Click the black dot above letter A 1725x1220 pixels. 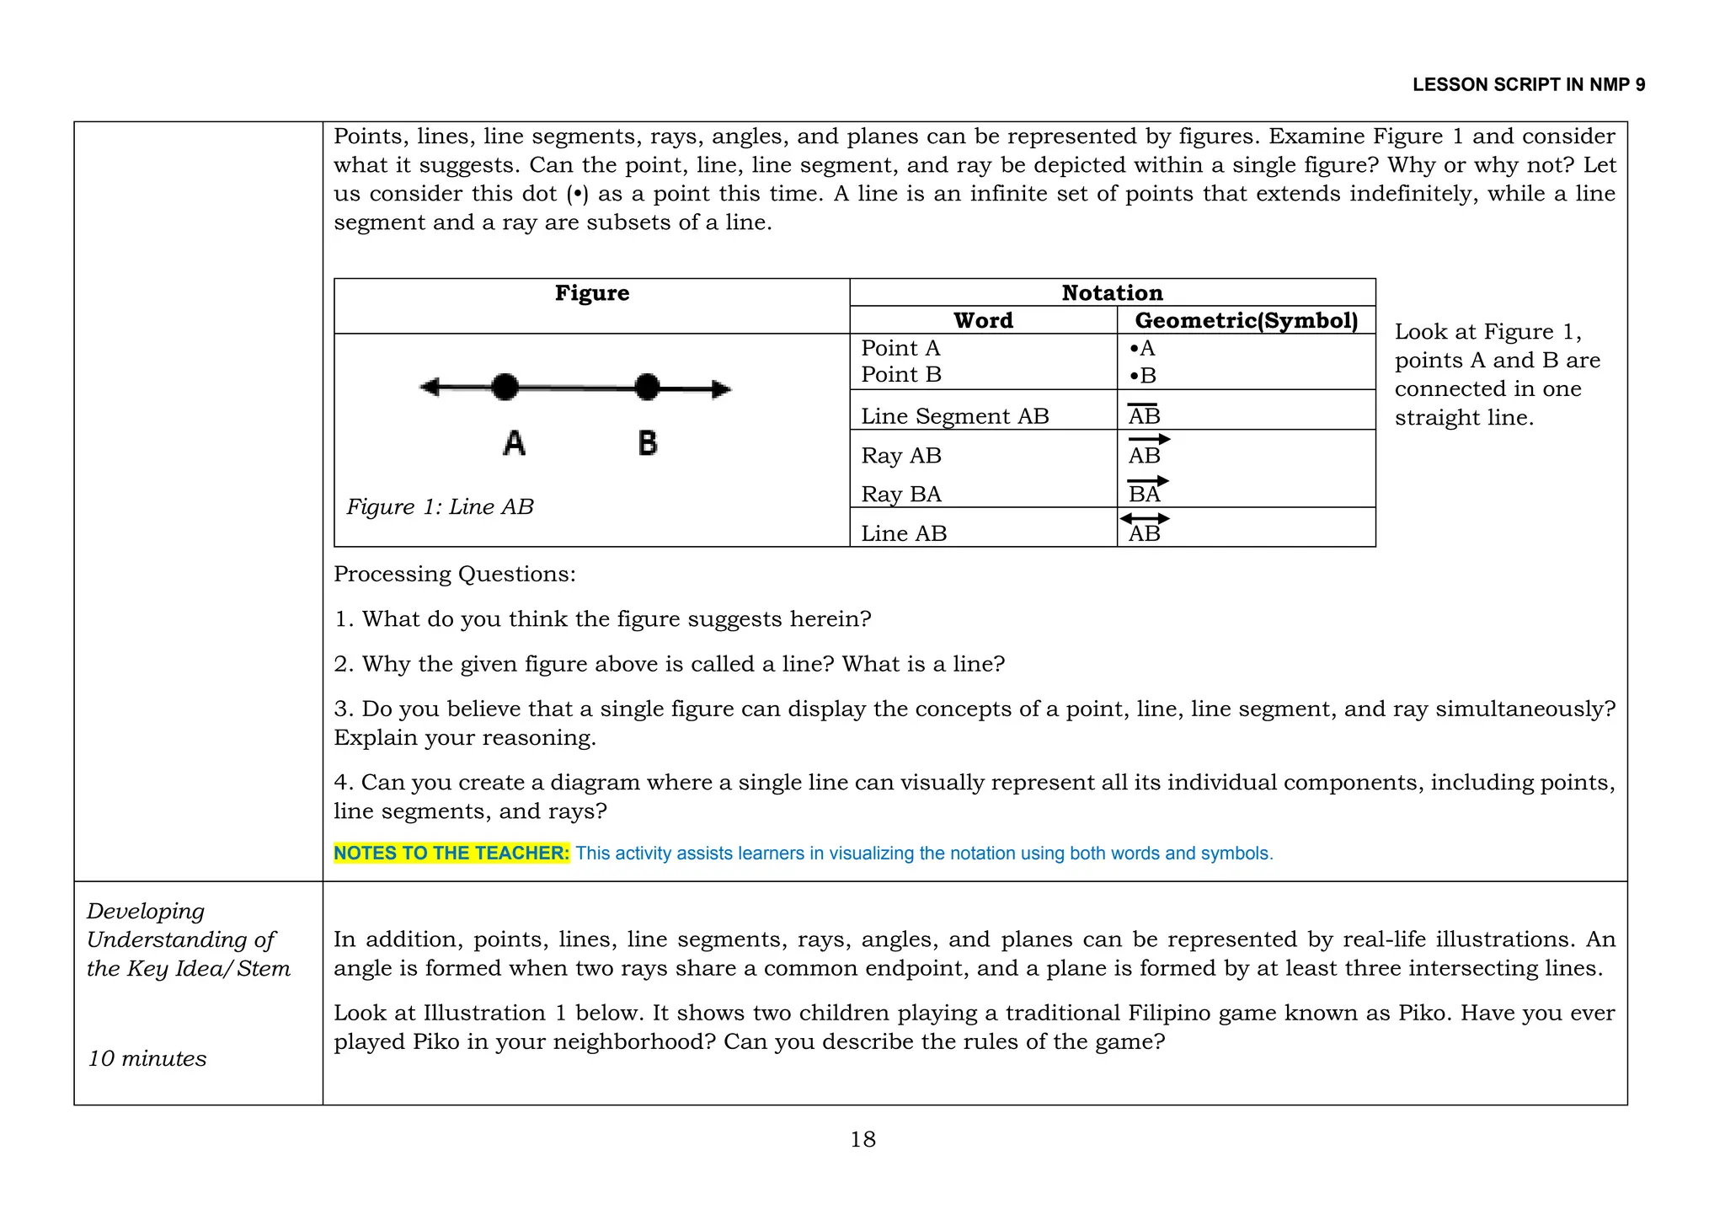coord(505,387)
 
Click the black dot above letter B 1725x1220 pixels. coord(647,387)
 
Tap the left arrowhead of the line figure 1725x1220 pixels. coord(430,387)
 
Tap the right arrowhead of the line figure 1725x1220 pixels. coord(722,389)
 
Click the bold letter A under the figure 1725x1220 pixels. coord(514,442)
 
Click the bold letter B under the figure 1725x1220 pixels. coord(647,442)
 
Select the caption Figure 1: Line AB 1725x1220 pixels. coord(440,506)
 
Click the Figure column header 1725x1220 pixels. coord(591,293)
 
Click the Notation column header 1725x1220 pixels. coord(1112,293)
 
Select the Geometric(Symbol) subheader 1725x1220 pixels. coord(1246,320)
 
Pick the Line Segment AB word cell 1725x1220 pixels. coord(954,416)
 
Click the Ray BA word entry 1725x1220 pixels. coord(900,494)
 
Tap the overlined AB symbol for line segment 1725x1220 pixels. coord(1144,415)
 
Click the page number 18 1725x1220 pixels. coord(862,1139)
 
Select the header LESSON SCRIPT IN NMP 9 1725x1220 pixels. coord(1528,84)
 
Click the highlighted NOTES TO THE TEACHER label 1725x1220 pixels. coord(451,853)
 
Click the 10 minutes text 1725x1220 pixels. coord(147,1058)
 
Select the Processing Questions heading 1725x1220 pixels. coord(455,574)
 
